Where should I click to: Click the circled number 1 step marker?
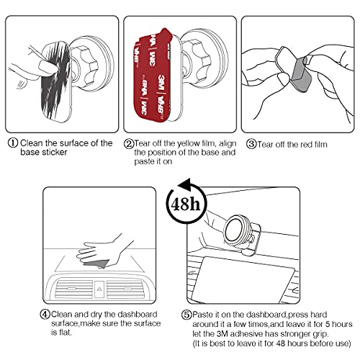12,143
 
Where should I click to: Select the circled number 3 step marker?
251,143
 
